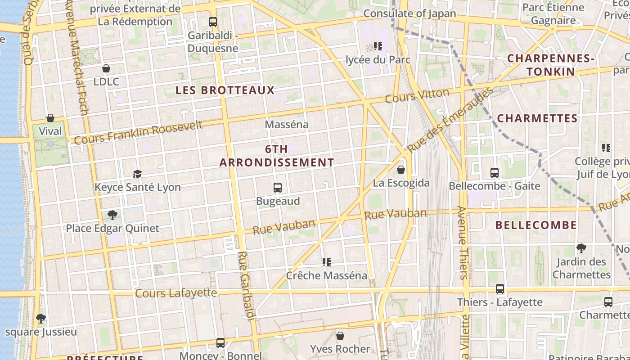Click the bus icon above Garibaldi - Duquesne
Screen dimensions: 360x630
[213, 22]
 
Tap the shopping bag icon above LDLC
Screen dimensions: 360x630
[106, 68]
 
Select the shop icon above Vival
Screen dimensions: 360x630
[50, 118]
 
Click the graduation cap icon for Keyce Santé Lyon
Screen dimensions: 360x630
[137, 174]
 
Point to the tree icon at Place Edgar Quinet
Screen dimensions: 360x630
[112, 215]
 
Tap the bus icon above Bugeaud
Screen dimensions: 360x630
[278, 188]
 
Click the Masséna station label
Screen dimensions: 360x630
[287, 124]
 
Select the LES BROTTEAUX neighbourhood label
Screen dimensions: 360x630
[225, 90]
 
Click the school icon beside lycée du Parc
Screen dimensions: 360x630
[378, 46]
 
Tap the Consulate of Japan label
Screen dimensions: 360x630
[409, 13]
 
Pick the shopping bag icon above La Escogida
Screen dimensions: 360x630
[401, 170]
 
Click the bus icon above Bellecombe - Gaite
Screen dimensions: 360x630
[495, 172]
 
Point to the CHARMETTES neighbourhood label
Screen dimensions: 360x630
[537, 118]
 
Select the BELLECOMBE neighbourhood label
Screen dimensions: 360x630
[536, 225]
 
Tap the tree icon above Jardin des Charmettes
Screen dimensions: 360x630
[581, 248]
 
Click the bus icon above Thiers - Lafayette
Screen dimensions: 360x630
[500, 289]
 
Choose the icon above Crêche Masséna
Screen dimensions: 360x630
[327, 262]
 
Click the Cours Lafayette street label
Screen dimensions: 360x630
[176, 293]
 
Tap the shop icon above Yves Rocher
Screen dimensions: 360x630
[340, 336]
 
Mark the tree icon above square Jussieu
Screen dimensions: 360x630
[41, 319]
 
